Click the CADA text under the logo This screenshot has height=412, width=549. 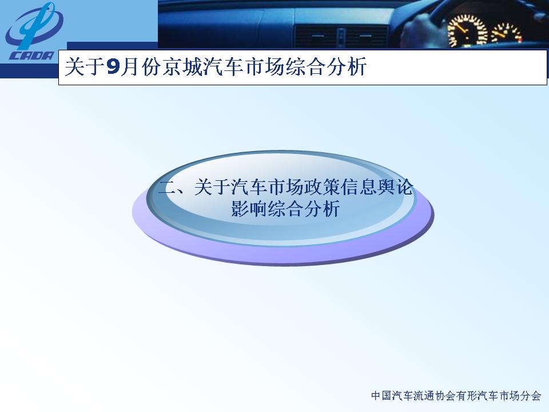pyautogui.click(x=31, y=56)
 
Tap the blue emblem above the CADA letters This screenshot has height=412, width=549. pyautogui.click(x=34, y=26)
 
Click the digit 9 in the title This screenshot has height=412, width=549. pyautogui.click(x=113, y=66)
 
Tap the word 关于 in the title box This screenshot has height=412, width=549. pyautogui.click(x=85, y=66)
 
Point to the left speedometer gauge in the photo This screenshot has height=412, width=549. pyautogui.click(x=467, y=31)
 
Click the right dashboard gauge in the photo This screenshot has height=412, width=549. pyautogui.click(x=507, y=34)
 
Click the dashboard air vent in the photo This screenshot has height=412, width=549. pyautogui.click(x=340, y=36)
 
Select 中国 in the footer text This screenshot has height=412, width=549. pyautogui.click(x=381, y=396)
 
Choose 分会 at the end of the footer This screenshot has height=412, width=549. pyautogui.click(x=531, y=396)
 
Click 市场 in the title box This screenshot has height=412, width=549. pyautogui.click(x=265, y=66)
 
